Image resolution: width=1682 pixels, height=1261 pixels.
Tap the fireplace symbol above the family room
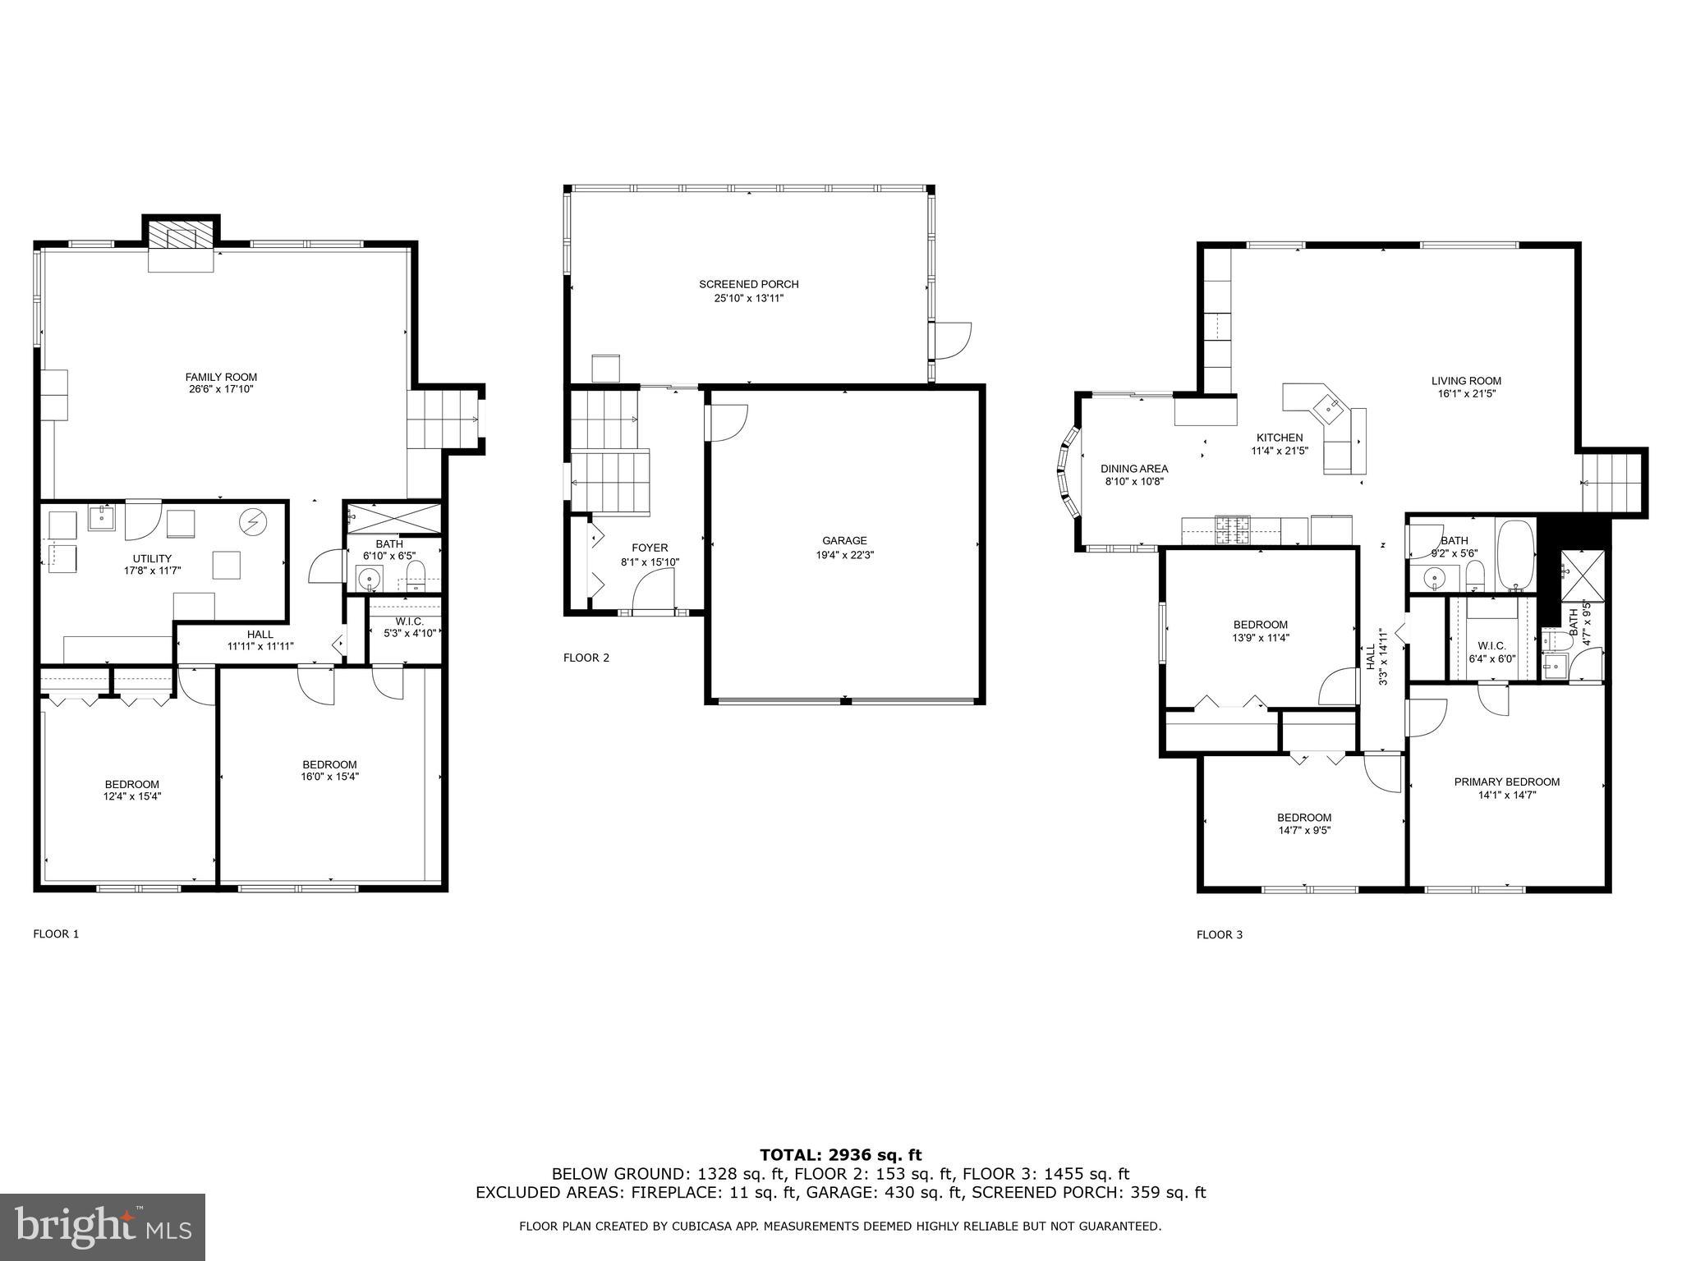point(181,238)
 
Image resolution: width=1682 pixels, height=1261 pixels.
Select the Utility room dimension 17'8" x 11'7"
point(152,570)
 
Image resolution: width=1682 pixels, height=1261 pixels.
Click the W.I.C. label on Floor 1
point(408,621)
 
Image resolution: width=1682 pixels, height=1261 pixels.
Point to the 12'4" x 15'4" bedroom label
point(131,785)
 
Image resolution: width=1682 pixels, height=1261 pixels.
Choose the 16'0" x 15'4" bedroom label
point(329,765)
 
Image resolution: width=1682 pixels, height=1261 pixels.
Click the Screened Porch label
point(748,285)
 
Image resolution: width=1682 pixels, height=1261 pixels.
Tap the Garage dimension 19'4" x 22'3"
point(844,555)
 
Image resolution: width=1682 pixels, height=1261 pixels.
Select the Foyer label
point(650,548)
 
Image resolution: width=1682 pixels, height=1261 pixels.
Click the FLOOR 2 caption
point(586,658)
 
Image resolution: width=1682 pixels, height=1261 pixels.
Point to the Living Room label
point(1466,381)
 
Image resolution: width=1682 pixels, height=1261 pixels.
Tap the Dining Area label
point(1133,470)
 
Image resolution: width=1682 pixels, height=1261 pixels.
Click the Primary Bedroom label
point(1506,782)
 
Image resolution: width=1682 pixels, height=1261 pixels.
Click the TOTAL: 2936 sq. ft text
point(840,1156)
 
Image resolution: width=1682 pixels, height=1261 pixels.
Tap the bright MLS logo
point(103,1227)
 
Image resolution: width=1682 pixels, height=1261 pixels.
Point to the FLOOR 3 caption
point(1219,934)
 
